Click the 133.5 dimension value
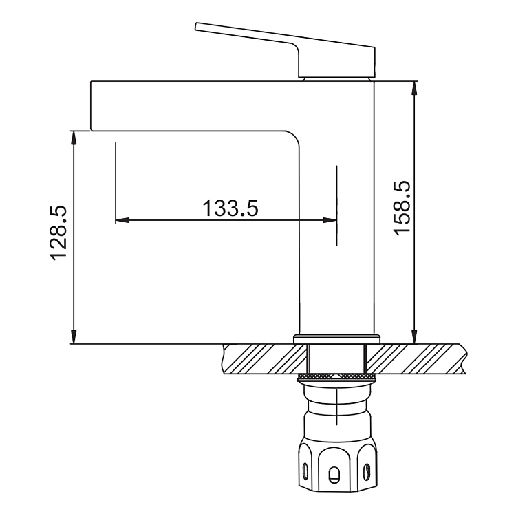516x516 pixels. tap(230, 207)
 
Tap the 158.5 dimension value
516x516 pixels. tap(401, 208)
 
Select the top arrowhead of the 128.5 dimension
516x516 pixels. tap(74, 136)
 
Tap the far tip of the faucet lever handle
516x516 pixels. tap(199, 27)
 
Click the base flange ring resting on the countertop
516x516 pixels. tap(337, 338)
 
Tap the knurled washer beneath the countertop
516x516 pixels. tap(336, 378)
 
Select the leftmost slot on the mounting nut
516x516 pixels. tap(303, 472)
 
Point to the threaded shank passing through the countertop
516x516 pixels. tap(336, 360)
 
